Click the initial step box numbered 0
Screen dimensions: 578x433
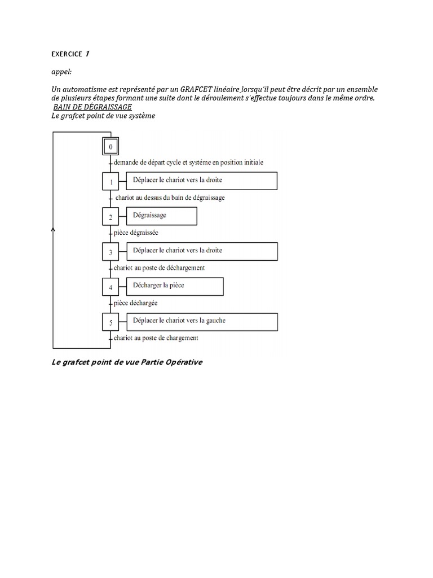pyautogui.click(x=111, y=147)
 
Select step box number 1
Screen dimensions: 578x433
pyautogui.click(x=111, y=182)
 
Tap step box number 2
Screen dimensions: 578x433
pyautogui.click(x=111, y=217)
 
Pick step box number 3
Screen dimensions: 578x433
pyautogui.click(x=111, y=252)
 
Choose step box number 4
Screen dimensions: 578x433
pyautogui.click(x=111, y=287)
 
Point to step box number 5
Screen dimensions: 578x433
pyautogui.click(x=111, y=322)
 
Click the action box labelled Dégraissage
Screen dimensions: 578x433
pyautogui.click(x=161, y=216)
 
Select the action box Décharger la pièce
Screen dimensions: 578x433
pyautogui.click(x=175, y=286)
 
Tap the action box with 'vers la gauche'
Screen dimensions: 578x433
pyautogui.click(x=202, y=321)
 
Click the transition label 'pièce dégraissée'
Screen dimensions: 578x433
pyautogui.click(x=136, y=233)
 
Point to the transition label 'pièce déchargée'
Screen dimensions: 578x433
pyautogui.click(x=135, y=303)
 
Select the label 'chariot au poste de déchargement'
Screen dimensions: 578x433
pyautogui.click(x=159, y=268)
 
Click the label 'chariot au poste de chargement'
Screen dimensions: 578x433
pyautogui.click(x=156, y=338)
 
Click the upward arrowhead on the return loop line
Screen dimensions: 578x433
pyautogui.click(x=53, y=229)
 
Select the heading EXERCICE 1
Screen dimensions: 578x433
pyautogui.click(x=70, y=54)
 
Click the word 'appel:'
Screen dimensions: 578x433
pyautogui.click(x=61, y=72)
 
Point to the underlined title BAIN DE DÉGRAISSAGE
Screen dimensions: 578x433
pyautogui.click(x=92, y=107)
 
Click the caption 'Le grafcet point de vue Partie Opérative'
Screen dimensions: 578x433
pyautogui.click(x=126, y=362)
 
